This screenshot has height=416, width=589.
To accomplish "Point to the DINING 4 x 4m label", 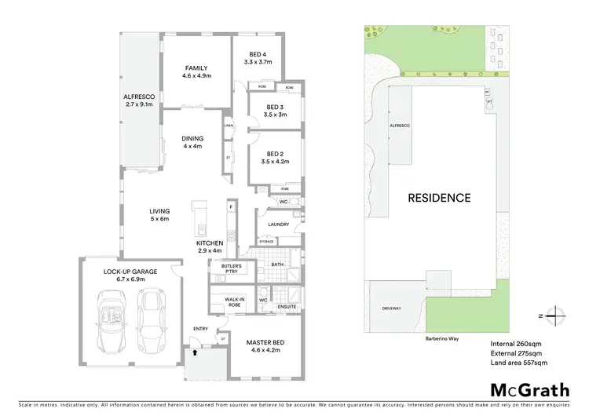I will pyautogui.click(x=192, y=141).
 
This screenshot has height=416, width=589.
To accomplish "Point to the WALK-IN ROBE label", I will pyautogui.click(x=233, y=301).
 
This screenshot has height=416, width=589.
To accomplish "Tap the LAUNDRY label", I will pyautogui.click(x=278, y=224).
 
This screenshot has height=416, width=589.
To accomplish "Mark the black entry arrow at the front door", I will pyautogui.click(x=194, y=354).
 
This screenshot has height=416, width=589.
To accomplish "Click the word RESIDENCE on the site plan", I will pyautogui.click(x=439, y=198).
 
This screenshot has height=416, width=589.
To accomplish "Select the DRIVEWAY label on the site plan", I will pyautogui.click(x=390, y=308).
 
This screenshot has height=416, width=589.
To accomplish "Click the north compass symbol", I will pyautogui.click(x=555, y=315).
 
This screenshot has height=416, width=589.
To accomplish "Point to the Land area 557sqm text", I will pyautogui.click(x=519, y=363).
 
